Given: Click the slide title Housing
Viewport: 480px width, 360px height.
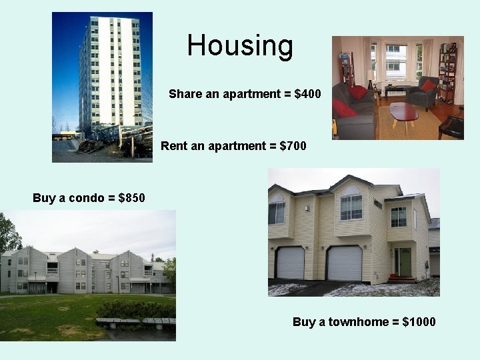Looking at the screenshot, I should pyautogui.click(x=240, y=45).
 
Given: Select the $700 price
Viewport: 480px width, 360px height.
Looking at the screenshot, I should pyautogui.click(x=293, y=145).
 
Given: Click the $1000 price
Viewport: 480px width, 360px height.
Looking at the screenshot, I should pyautogui.click(x=419, y=322).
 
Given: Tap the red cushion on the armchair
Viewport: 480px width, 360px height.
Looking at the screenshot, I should pyautogui.click(x=428, y=85).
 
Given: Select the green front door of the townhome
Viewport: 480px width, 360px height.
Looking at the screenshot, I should pyautogui.click(x=405, y=261).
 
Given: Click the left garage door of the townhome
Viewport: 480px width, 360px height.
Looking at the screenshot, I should pyautogui.click(x=290, y=263).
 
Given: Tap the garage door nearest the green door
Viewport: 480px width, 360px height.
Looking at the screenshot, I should pyautogui.click(x=344, y=263).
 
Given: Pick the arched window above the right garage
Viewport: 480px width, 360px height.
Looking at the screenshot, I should pyautogui.click(x=351, y=205).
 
